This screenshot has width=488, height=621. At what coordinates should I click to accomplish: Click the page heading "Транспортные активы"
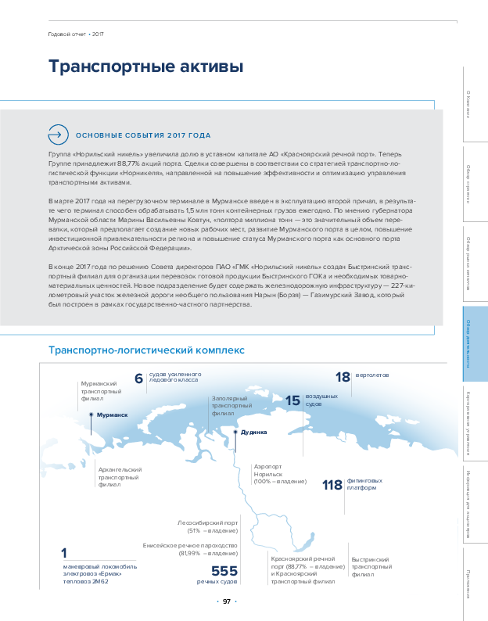click(x=145, y=67)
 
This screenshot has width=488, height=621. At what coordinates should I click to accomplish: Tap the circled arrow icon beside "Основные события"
click(x=59, y=135)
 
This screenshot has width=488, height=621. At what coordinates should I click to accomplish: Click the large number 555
click(x=224, y=572)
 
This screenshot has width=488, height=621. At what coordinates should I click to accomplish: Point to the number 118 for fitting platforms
click(x=332, y=485)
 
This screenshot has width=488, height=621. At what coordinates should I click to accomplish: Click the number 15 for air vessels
click(x=292, y=400)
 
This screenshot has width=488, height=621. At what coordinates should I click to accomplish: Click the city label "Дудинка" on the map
click(x=253, y=432)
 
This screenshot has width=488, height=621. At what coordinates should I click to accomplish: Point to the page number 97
click(x=226, y=601)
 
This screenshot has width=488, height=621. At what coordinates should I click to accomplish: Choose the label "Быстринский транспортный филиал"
click(x=371, y=567)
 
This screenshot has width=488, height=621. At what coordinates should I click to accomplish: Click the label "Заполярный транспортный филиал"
click(x=231, y=405)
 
